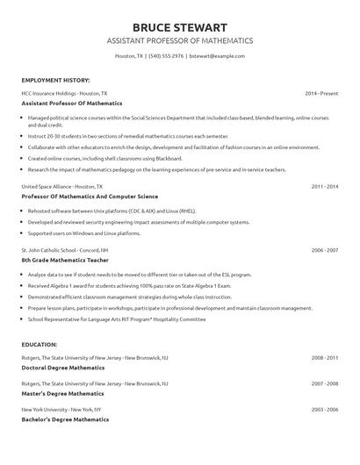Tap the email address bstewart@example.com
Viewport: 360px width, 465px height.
pyautogui.click(x=217, y=55)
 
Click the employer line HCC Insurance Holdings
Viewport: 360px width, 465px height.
pyautogui.click(x=65, y=93)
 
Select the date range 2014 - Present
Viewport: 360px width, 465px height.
pyautogui.click(x=321, y=93)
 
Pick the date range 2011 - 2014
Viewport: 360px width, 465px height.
pyautogui.click(x=325, y=187)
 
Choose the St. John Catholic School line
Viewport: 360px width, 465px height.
pyautogui.click(x=68, y=250)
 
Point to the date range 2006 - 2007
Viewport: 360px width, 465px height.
pyautogui.click(x=325, y=250)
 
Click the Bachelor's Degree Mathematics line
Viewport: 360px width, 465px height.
pyautogui.click(x=65, y=419)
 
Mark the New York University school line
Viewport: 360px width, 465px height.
pyautogui.click(x=61, y=410)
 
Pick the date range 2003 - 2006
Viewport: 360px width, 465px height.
pyautogui.click(x=325, y=410)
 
